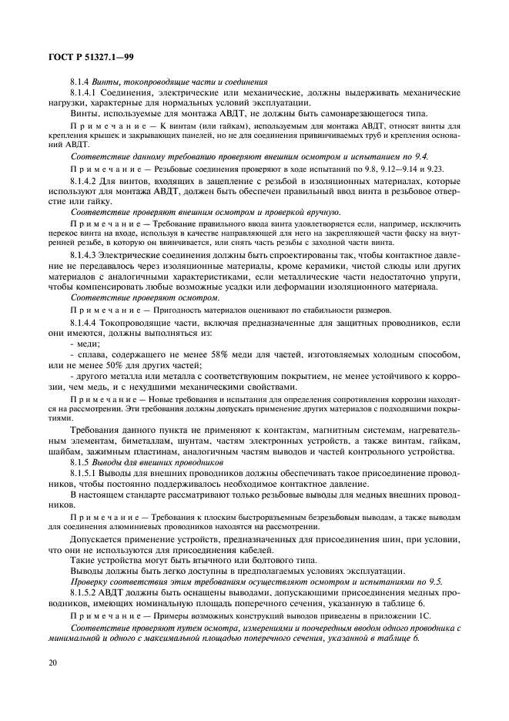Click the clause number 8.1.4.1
point(85,92)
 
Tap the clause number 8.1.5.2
point(85,593)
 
